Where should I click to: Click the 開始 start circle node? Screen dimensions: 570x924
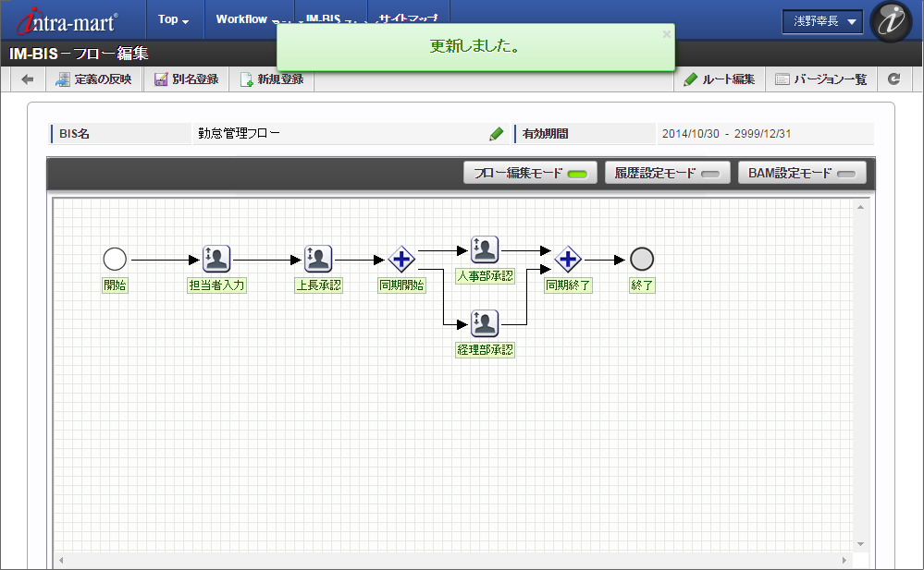point(115,260)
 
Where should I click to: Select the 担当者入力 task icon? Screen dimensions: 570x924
point(216,260)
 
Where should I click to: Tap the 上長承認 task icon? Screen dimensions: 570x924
point(318,260)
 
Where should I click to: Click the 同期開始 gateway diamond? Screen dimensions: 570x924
point(401,260)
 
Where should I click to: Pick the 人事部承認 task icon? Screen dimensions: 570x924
point(485,249)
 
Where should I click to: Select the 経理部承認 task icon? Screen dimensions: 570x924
point(485,323)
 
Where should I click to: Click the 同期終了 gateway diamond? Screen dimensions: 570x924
point(568,260)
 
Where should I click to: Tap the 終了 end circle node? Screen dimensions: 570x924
point(642,260)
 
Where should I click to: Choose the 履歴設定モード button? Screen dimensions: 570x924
point(667,173)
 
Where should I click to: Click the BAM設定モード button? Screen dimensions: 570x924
point(802,173)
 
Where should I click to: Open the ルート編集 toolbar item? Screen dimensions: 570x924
point(720,79)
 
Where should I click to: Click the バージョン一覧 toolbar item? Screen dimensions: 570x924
point(820,79)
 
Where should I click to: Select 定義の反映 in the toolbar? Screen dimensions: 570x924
point(93,79)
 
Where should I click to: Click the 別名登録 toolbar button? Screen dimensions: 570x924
point(186,79)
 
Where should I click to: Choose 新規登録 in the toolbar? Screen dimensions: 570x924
point(272,79)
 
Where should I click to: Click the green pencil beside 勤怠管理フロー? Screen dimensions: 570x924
point(497,134)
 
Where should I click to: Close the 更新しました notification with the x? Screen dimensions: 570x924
point(667,34)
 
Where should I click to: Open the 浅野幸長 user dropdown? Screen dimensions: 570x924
point(822,20)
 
